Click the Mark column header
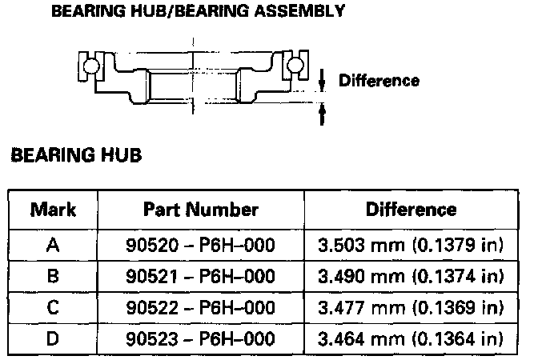click(53, 210)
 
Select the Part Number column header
click(201, 210)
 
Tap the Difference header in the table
click(411, 210)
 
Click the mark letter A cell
click(53, 245)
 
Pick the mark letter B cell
click(53, 276)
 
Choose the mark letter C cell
click(53, 307)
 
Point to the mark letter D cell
click(53, 338)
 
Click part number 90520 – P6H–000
click(200, 245)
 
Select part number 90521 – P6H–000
click(200, 276)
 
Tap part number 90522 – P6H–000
click(200, 307)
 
